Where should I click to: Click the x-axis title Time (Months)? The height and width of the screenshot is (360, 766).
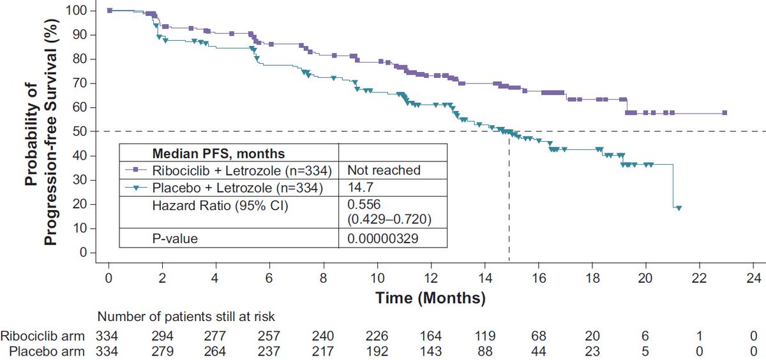430,297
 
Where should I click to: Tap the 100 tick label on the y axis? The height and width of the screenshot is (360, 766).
78,11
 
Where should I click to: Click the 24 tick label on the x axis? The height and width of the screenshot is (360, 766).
753,278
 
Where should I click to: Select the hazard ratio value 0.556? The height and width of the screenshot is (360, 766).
359,204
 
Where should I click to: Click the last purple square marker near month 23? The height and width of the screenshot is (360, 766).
725,113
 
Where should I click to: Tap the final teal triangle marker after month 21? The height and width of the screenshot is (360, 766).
679,208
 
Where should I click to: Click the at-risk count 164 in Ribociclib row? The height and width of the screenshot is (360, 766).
431,334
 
